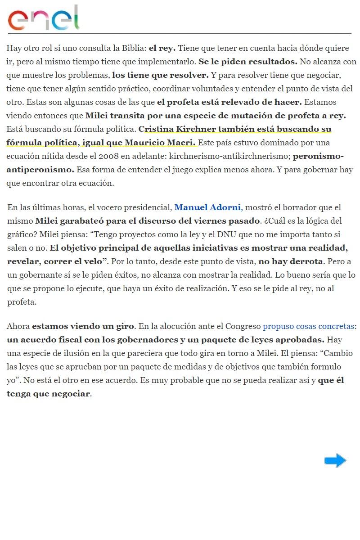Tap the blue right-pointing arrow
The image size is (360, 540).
(x=335, y=460)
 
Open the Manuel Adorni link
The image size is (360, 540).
(x=207, y=207)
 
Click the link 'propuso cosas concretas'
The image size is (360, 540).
(x=309, y=326)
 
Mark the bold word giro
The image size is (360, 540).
(x=126, y=326)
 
